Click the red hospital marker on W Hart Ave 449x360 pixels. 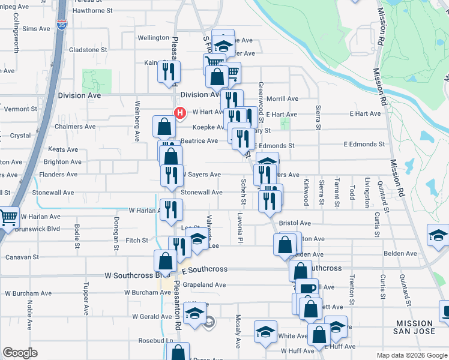[179, 112]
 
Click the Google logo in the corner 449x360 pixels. [20, 353]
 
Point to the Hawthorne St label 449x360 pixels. [92, 11]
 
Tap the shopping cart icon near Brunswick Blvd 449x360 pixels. [8, 218]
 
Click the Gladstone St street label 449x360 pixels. [88, 50]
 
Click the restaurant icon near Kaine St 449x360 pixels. [169, 72]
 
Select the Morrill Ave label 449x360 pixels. [282, 98]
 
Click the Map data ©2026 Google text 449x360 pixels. [411, 355]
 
